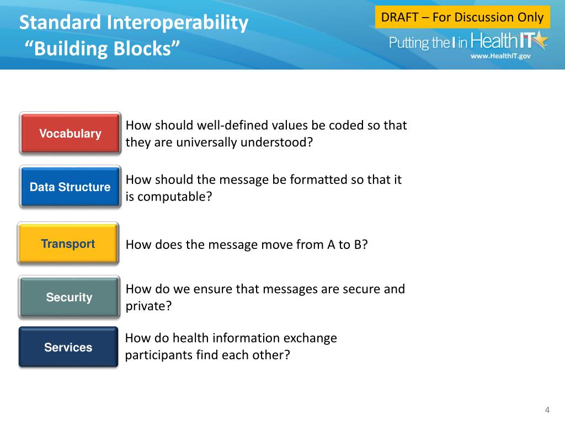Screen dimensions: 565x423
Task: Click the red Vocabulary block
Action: click(70, 133)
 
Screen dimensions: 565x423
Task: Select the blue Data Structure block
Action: click(70, 187)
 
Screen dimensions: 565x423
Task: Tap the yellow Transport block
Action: click(68, 243)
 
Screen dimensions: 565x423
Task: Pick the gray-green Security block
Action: click(69, 297)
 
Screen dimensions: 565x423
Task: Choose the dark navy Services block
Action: click(68, 347)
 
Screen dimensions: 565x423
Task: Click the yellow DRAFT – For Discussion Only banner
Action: click(462, 17)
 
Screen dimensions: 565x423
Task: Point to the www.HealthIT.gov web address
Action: click(500, 56)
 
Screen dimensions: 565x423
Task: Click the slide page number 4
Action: click(547, 410)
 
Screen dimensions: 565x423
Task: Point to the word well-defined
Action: click(232, 125)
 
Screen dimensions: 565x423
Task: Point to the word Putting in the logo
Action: click(409, 43)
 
